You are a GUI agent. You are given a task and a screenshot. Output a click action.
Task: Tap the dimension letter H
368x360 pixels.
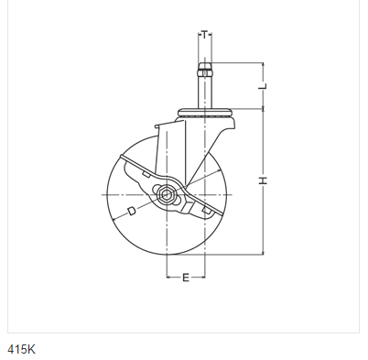[262, 180]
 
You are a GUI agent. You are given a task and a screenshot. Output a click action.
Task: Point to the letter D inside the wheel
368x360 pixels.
[133, 212]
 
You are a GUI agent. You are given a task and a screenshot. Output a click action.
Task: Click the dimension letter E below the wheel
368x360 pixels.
[186, 278]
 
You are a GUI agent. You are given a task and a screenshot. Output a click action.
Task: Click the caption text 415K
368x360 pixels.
[22, 348]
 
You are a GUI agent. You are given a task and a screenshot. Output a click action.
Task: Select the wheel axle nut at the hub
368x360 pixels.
[168, 194]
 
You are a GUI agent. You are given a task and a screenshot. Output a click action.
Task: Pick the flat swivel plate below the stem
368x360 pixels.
[204, 115]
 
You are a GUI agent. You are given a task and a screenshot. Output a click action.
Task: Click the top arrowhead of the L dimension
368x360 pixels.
[262, 65]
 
